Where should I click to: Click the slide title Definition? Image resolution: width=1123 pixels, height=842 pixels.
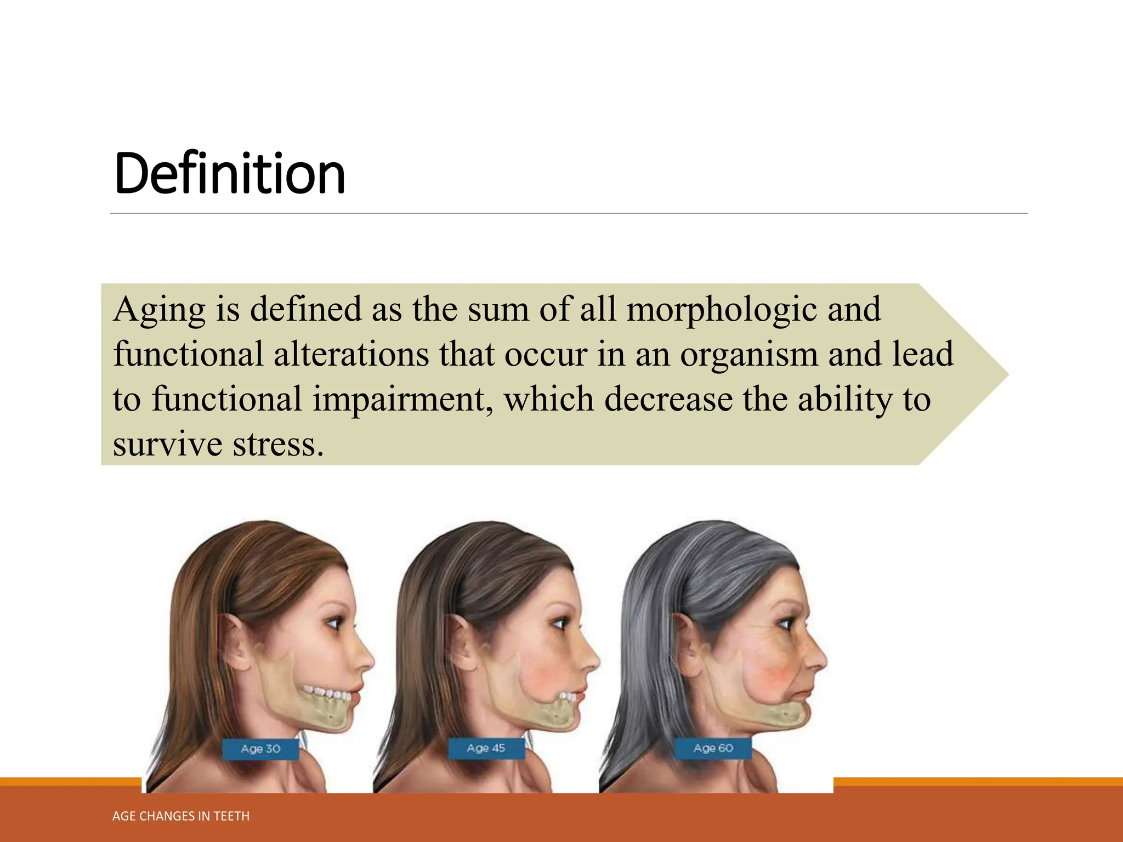230,174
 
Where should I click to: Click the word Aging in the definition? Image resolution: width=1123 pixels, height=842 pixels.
159,310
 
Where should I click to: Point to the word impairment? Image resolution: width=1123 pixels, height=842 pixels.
399,400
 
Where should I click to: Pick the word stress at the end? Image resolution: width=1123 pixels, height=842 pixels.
278,444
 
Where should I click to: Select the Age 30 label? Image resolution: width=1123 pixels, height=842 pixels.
260,749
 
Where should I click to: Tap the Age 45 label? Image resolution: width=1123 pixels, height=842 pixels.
486,748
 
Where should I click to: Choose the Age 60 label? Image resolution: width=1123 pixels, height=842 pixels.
713,748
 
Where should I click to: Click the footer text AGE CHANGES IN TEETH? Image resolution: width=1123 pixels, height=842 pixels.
181,816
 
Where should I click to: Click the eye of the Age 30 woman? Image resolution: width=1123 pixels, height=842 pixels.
333,623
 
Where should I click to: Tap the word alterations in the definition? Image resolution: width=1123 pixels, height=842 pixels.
351,355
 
